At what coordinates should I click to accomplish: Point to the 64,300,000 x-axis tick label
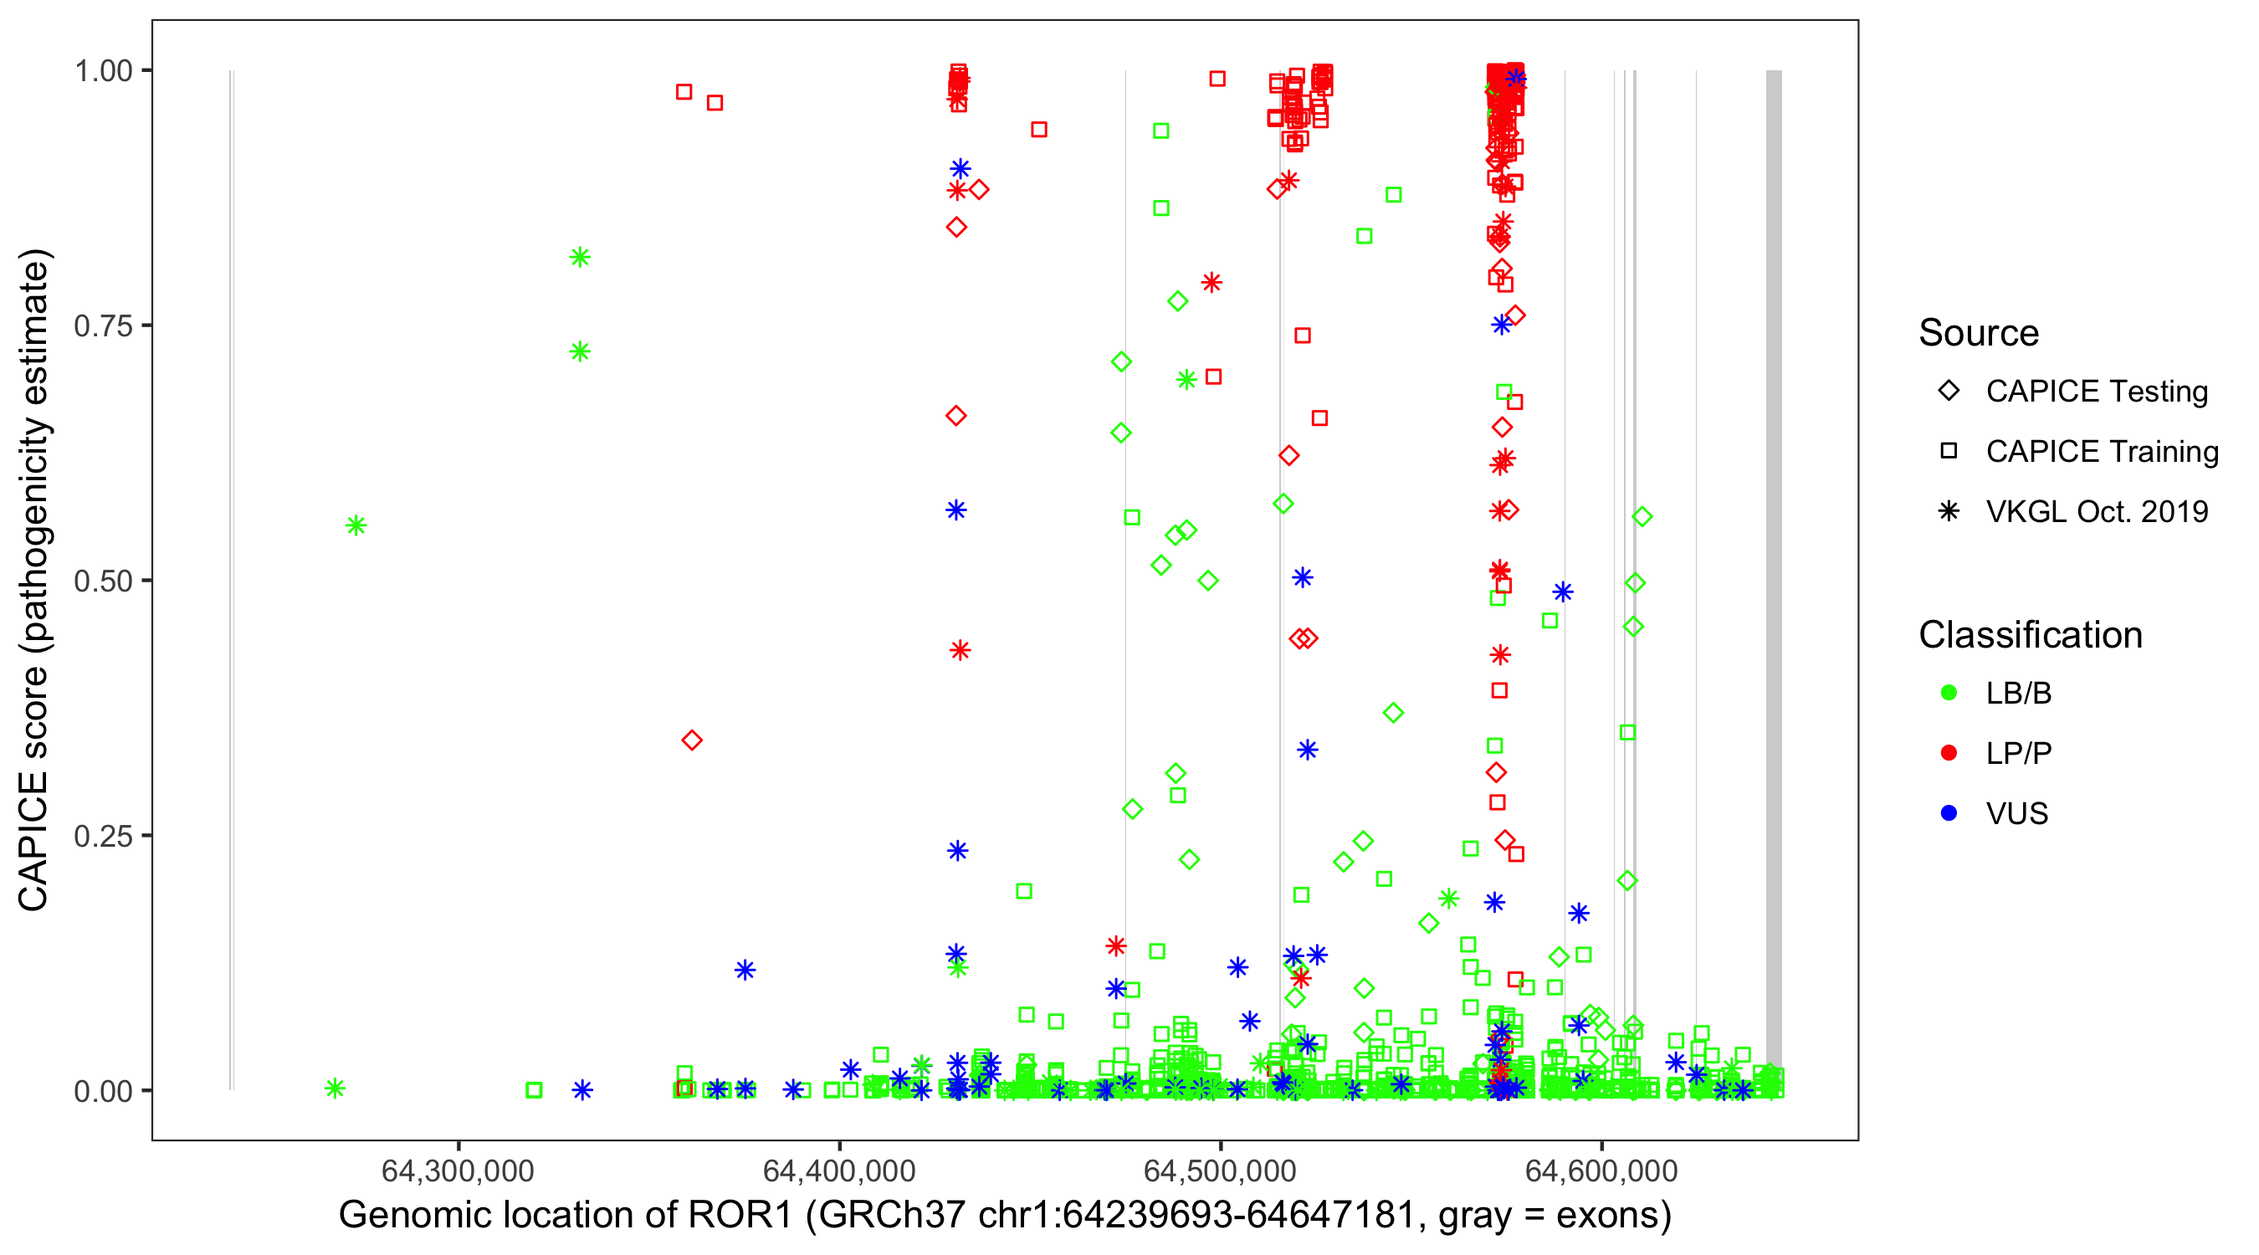[x=458, y=1170]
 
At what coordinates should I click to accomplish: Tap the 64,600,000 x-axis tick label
[x=1601, y=1170]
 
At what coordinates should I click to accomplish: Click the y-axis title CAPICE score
[x=35, y=580]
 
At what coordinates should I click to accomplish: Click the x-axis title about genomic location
[x=1005, y=1216]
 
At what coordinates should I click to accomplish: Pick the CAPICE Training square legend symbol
[x=1949, y=451]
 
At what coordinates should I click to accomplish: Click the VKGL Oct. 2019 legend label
[x=2097, y=511]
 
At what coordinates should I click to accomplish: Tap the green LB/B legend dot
[x=1949, y=693]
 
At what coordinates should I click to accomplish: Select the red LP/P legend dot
[x=1949, y=753]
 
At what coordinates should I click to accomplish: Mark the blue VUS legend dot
[x=1949, y=813]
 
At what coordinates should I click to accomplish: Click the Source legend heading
[x=1979, y=333]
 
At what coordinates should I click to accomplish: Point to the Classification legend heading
[x=2030, y=635]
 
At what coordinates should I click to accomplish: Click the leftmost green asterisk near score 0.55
[x=356, y=525]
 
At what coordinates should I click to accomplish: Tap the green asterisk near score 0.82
[x=580, y=257]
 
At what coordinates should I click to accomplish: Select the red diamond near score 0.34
[x=692, y=740]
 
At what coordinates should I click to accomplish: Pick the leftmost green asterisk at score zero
[x=335, y=1089]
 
